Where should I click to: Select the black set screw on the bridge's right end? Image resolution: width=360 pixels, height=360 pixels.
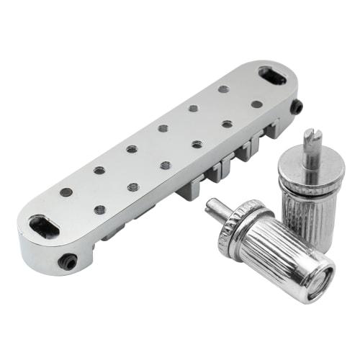coord(296,107)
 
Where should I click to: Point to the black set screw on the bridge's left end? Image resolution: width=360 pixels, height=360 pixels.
coord(68,261)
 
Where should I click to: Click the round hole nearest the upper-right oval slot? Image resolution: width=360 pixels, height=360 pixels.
coord(256,104)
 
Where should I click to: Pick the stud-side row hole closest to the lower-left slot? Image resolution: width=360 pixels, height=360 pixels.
coord(99,210)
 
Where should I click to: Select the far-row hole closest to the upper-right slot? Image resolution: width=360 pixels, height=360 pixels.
coord(224,89)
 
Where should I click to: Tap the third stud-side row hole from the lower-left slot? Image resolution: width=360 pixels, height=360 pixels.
coord(165,165)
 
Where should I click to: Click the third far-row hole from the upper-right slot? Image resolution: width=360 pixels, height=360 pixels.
coord(163,128)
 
